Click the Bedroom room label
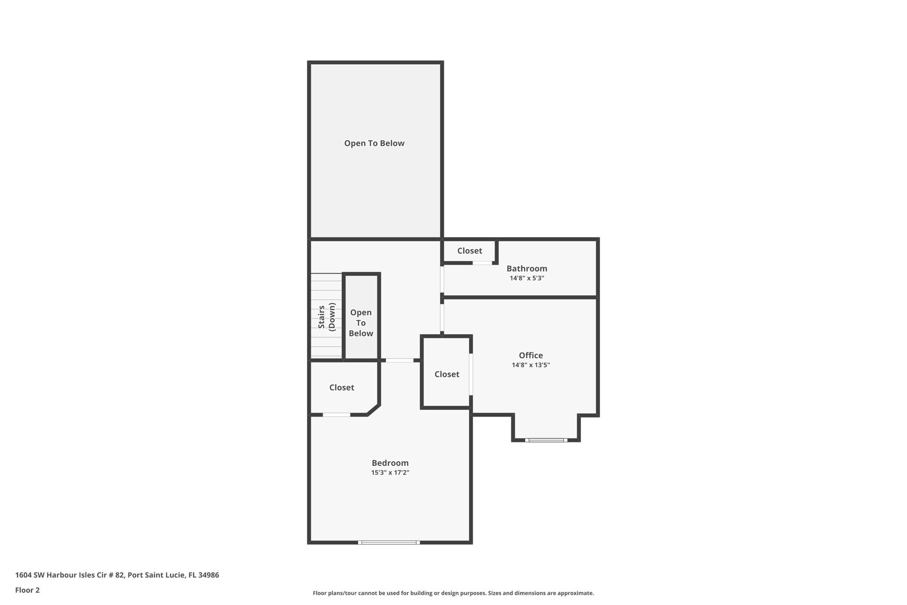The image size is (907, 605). coord(390,463)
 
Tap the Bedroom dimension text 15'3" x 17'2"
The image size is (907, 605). coord(390,472)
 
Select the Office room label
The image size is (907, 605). coord(531,355)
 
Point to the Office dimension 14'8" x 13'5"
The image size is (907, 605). coord(531,365)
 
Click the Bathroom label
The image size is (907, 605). coord(527,268)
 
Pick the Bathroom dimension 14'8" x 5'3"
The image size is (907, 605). coord(527,278)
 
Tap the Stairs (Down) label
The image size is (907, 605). coord(326,316)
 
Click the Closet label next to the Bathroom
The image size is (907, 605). coord(469,250)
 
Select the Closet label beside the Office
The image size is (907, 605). coord(446,374)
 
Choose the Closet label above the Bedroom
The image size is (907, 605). coord(341,387)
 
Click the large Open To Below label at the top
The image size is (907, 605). coord(374,143)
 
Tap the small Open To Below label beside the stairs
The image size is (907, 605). coord(360,323)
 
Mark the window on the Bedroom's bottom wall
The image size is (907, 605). coord(389,542)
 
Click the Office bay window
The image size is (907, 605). coord(546,440)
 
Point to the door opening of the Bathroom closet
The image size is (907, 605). coord(482,263)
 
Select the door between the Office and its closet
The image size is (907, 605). coord(471,374)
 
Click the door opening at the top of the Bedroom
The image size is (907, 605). coord(399,360)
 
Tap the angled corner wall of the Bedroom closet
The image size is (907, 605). coord(373,410)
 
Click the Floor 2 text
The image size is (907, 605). coord(27,590)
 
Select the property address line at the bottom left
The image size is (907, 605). coord(117,575)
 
